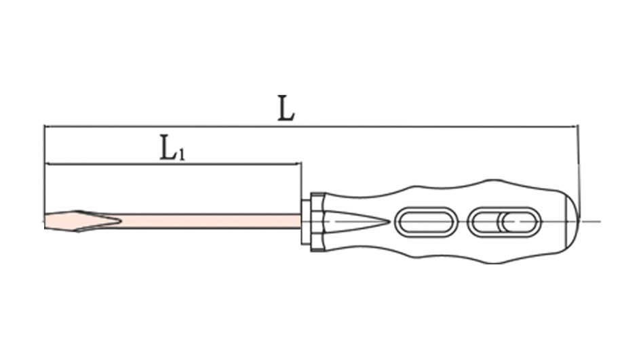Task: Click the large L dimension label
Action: point(286,108)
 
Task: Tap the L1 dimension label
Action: point(172,148)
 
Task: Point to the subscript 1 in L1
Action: point(182,155)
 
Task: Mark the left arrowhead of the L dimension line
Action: point(47,127)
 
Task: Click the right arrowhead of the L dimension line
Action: point(575,127)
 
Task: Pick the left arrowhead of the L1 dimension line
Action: point(47,164)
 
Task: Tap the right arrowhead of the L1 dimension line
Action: point(298,164)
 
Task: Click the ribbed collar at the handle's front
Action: point(317,222)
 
